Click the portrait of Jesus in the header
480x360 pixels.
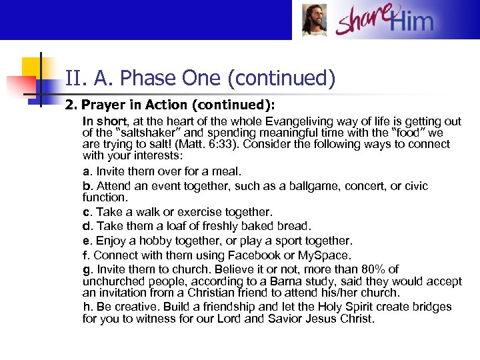coord(314,20)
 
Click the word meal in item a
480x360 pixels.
coord(227,171)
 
